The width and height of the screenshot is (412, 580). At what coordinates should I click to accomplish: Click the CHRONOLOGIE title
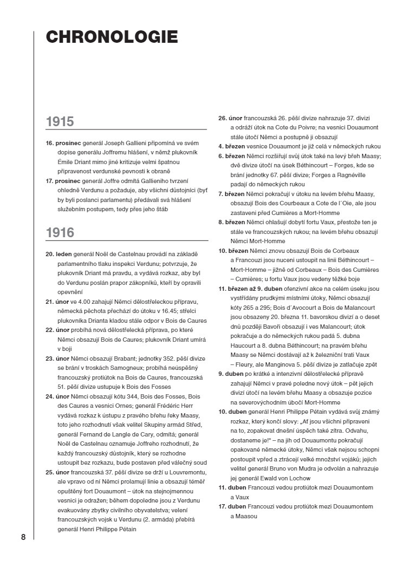tap(112, 37)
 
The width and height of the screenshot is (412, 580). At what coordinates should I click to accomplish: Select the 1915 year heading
tap(60, 121)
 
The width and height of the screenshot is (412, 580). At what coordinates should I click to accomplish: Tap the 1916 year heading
tap(60, 233)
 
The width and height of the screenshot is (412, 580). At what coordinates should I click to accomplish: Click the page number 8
tap(23, 537)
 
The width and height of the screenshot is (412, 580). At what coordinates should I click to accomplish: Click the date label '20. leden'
tap(58, 253)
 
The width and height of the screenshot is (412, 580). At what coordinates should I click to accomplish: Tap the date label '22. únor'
tap(57, 329)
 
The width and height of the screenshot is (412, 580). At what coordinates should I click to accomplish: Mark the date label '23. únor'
tap(57, 358)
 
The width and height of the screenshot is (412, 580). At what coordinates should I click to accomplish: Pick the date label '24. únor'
tap(57, 396)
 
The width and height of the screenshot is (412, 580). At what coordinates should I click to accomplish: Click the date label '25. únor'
tap(57, 472)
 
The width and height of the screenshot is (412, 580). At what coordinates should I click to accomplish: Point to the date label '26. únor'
tap(230, 118)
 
